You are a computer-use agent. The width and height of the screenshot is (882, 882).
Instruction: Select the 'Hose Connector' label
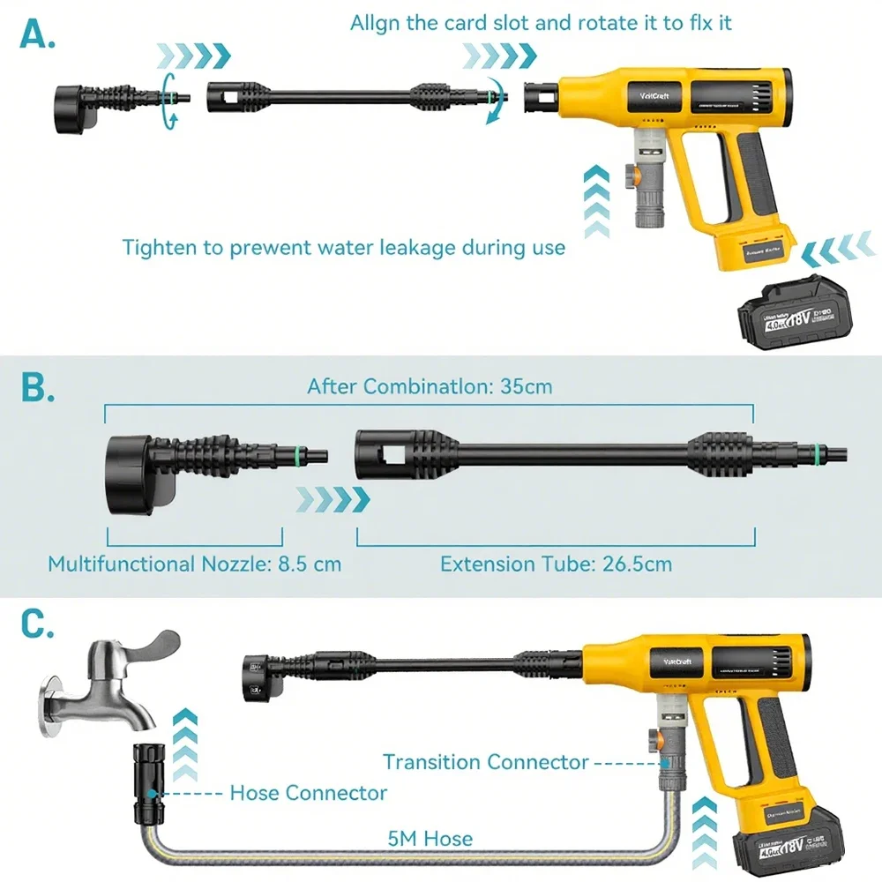click(308, 793)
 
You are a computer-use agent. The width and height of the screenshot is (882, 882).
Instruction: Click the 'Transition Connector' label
click(485, 762)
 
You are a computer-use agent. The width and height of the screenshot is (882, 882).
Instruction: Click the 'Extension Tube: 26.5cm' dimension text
click(556, 564)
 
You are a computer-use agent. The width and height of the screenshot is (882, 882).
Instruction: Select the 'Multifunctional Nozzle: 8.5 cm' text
click(194, 564)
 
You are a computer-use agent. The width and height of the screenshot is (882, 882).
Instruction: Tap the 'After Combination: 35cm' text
click(430, 386)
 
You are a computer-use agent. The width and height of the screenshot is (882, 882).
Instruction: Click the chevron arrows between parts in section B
click(333, 499)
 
